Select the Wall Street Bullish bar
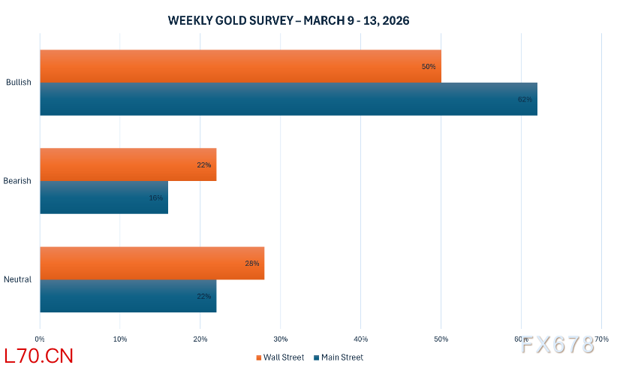click(240, 66)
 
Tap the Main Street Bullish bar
click(288, 98)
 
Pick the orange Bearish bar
click(128, 164)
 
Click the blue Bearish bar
click(104, 198)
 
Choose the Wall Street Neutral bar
click(152, 263)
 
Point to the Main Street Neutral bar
click(128, 296)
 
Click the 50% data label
click(429, 67)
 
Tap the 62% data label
click(525, 99)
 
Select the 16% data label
click(155, 198)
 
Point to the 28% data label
click(251, 264)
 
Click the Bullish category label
click(19, 83)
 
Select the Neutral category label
click(18, 279)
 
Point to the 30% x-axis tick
click(280, 339)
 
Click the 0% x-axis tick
click(40, 339)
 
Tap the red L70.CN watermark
click(38, 355)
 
